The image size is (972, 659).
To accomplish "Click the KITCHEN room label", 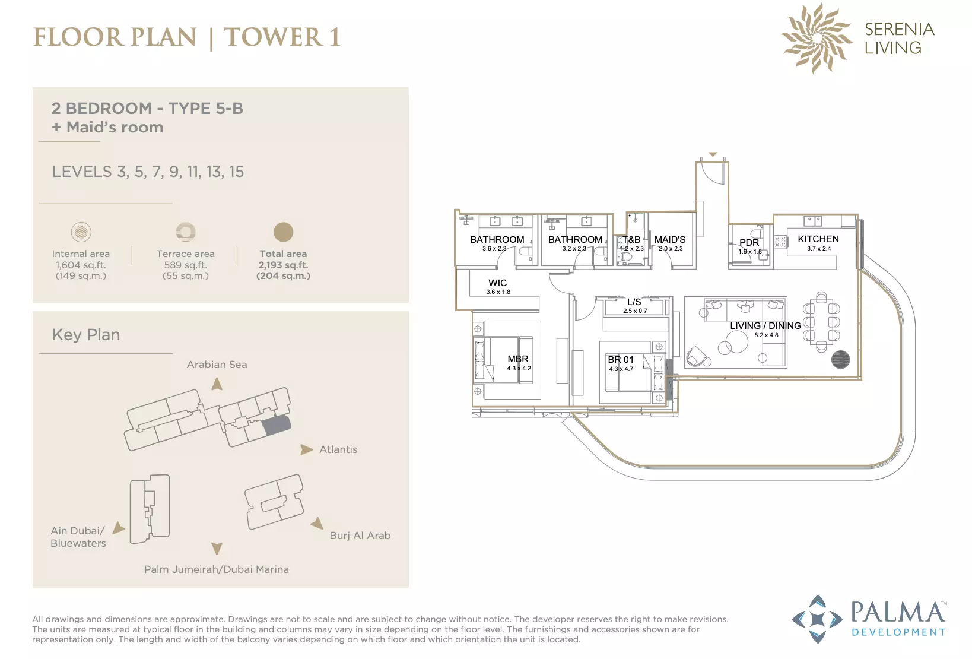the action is tap(818, 239).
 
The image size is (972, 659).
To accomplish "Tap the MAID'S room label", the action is tap(669, 239).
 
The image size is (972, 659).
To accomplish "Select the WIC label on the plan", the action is tap(497, 283).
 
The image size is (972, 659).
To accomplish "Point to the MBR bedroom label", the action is tap(518, 359).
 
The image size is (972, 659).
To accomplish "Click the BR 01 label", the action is tap(621, 359).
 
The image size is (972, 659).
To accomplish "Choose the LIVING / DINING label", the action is tap(765, 325).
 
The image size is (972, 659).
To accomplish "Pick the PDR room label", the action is tap(749, 242).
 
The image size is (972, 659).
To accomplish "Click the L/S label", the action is tap(634, 302).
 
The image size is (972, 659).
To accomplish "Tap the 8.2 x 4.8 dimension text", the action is tap(766, 335).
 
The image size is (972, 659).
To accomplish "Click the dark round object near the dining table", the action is tap(840, 359).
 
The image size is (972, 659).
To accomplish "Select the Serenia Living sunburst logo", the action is tap(817, 38).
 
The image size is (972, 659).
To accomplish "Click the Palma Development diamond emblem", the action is tap(818, 619).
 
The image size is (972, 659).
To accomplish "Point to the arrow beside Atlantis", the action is tap(307, 449).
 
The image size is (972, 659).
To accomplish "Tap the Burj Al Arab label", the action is tap(360, 536).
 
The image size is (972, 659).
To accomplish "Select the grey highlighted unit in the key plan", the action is tap(277, 425).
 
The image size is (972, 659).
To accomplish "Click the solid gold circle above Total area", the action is tap(284, 232).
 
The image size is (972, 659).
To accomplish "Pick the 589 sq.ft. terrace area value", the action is tap(186, 265).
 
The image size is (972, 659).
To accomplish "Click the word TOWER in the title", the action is tap(274, 37).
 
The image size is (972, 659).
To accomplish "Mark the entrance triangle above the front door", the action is tap(713, 154).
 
